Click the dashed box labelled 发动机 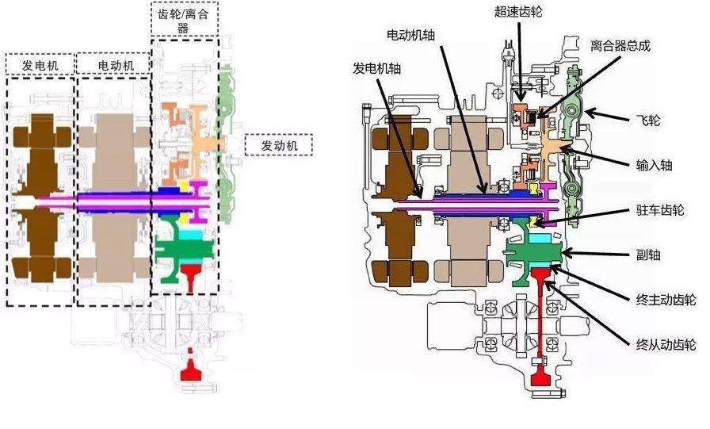278,145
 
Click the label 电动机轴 413,36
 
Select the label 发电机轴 377,69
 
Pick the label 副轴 654,255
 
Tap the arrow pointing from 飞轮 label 610,117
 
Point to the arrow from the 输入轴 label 603,158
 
